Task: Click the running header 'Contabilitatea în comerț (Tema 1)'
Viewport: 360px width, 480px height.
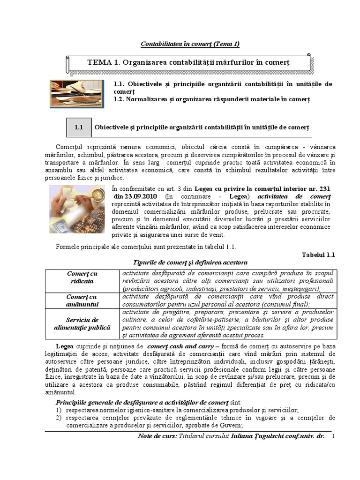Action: [x=190, y=44]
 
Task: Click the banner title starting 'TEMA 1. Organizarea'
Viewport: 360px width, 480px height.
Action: [x=189, y=62]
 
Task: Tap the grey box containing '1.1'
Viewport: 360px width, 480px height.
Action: [x=78, y=127]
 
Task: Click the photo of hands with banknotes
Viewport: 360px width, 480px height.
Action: [x=79, y=211]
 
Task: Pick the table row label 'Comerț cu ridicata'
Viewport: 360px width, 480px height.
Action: [x=82, y=277]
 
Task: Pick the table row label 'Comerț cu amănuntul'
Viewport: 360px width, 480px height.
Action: [x=82, y=300]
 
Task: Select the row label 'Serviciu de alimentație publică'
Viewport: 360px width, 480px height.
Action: [x=82, y=323]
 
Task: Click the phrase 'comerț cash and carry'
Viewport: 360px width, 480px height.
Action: [x=175, y=345]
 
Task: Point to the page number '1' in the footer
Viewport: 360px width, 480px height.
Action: [x=333, y=436]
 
